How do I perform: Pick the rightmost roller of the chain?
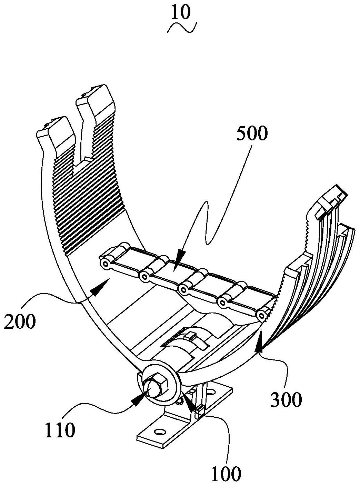click(x=263, y=315)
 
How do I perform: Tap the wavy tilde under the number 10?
click(x=182, y=28)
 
